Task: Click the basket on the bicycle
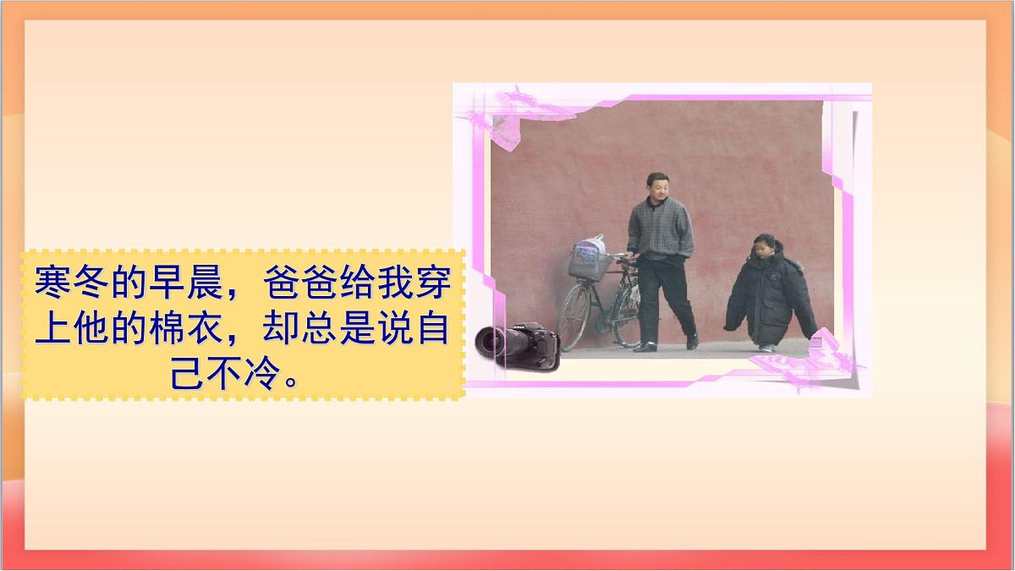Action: tap(589, 262)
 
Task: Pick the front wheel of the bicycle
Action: tap(574, 317)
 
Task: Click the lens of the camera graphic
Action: tap(490, 340)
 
